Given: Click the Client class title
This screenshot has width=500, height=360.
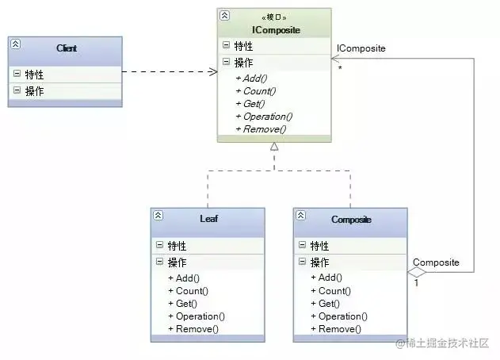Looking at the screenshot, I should [x=67, y=48].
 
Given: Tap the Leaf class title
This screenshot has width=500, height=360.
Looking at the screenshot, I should [x=209, y=219].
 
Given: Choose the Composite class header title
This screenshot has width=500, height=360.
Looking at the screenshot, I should [x=351, y=219].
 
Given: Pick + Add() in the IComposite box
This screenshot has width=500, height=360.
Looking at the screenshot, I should [x=250, y=78].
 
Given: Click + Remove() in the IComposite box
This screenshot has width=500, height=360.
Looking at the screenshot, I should [x=260, y=129].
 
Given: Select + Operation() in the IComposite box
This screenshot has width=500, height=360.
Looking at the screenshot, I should [x=264, y=117].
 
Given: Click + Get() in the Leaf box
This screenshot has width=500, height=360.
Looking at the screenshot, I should [x=181, y=304].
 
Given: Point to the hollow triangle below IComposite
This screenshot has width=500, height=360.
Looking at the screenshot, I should [x=273, y=147].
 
